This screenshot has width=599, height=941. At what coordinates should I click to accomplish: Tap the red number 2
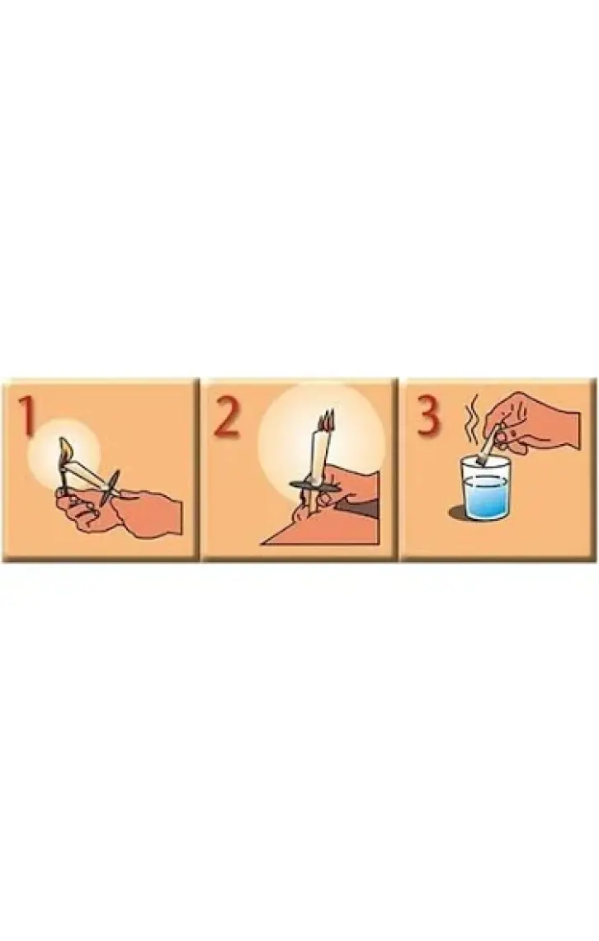click(x=227, y=414)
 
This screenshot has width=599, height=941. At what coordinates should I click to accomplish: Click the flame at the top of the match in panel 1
click(x=66, y=447)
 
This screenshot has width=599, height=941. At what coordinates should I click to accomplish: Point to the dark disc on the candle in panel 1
click(x=111, y=485)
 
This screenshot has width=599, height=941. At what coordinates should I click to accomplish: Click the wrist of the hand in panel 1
click(x=161, y=513)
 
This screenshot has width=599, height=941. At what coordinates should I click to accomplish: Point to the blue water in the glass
click(x=483, y=496)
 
